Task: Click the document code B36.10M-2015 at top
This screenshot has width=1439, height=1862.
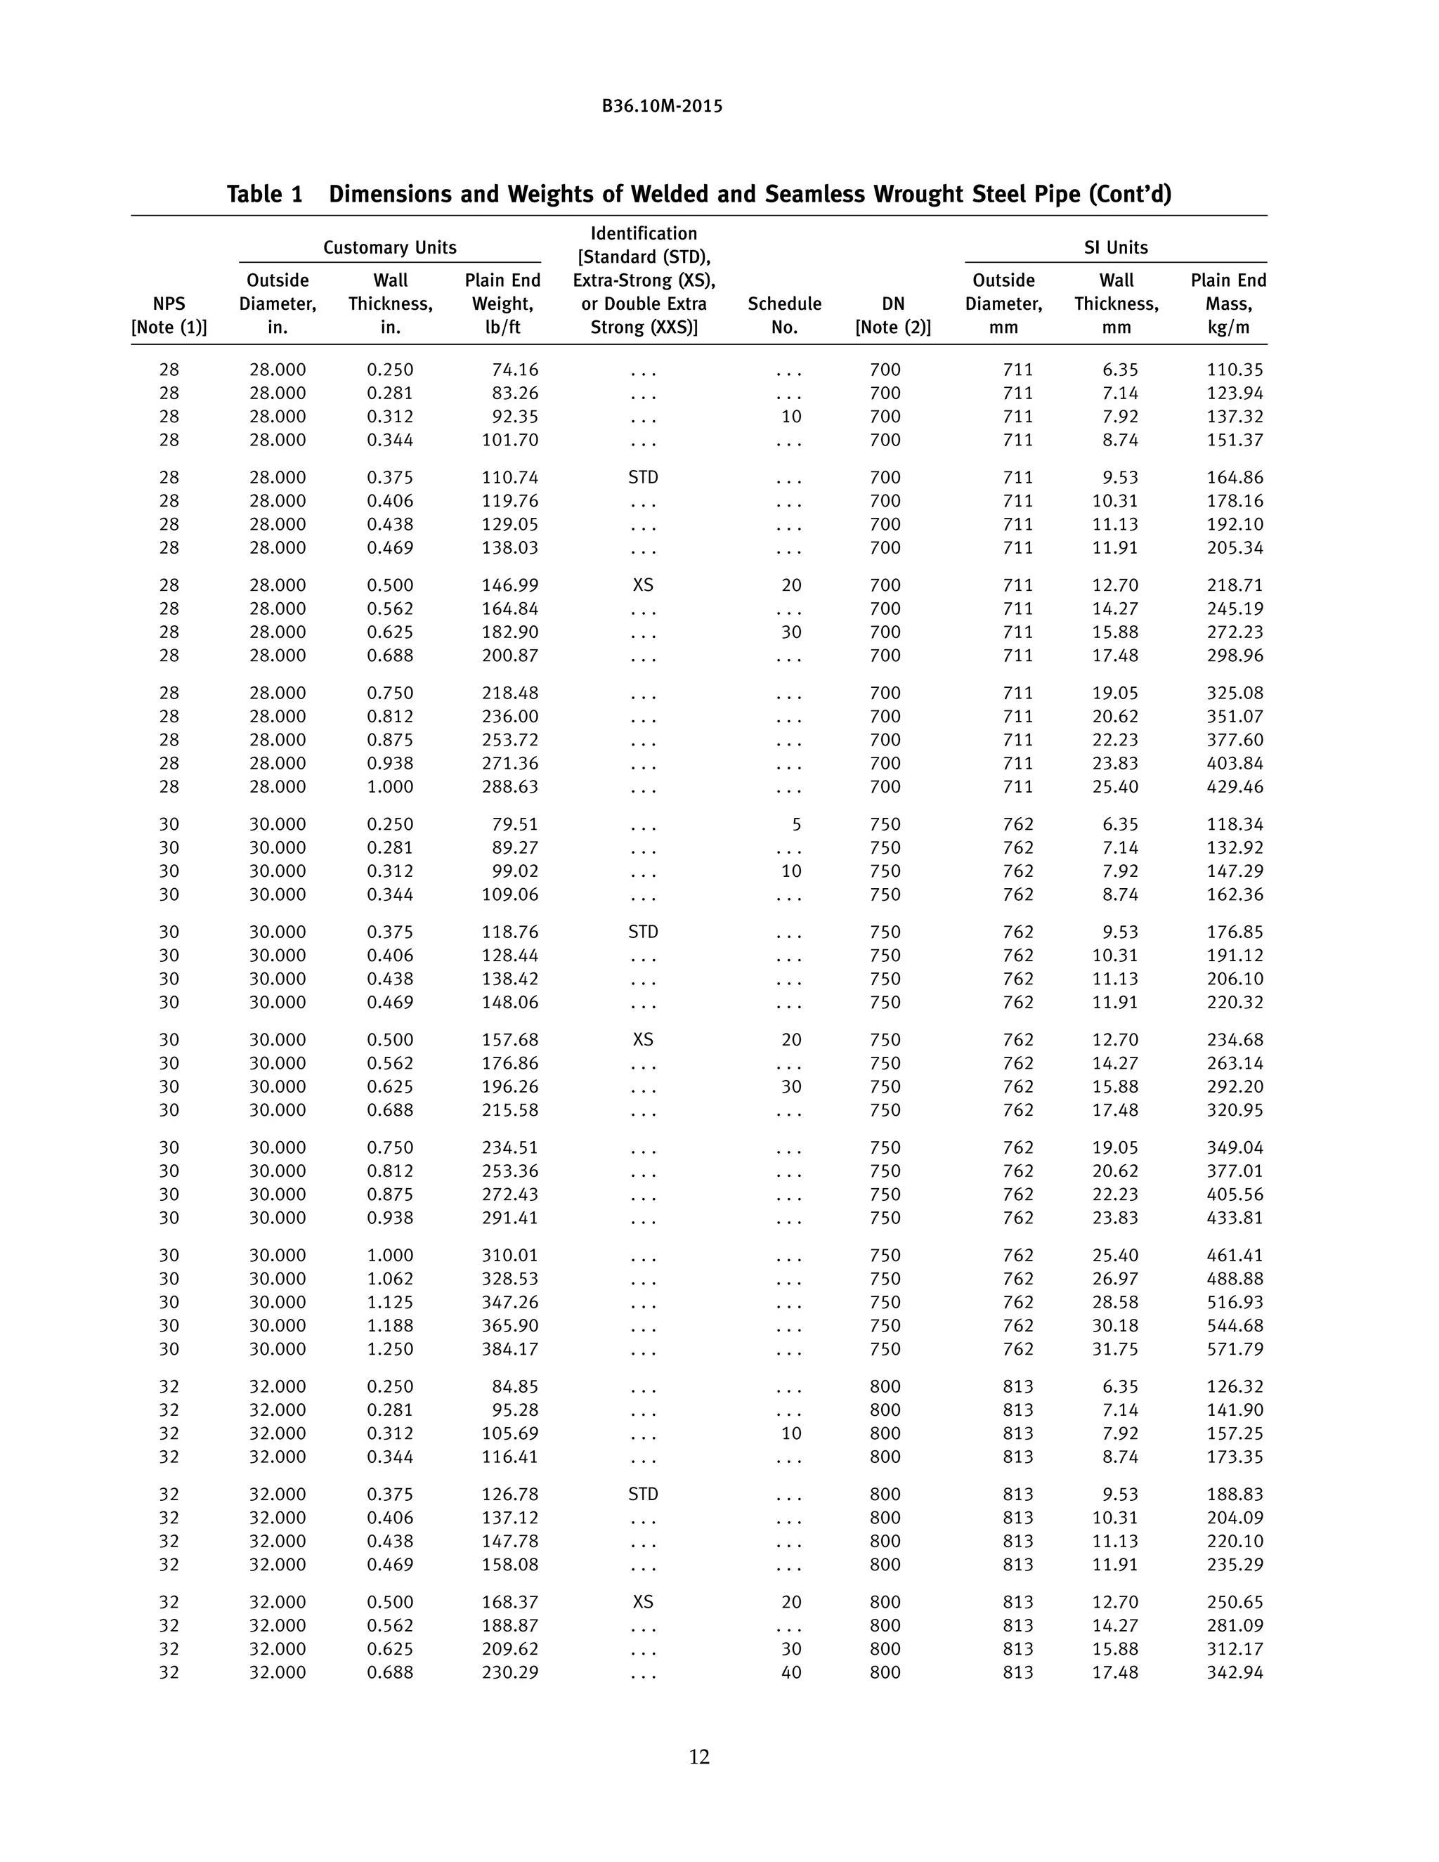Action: [x=661, y=107]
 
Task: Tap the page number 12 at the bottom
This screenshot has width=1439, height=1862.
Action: [x=699, y=1757]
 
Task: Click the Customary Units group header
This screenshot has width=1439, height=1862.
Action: [x=389, y=247]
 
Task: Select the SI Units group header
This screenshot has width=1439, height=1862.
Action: [x=1115, y=247]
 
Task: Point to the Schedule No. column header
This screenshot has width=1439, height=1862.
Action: [x=784, y=315]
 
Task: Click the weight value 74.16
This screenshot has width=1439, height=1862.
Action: [x=515, y=370]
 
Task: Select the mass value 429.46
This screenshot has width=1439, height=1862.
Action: [x=1235, y=787]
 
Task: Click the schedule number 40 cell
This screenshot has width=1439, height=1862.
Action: [x=791, y=1673]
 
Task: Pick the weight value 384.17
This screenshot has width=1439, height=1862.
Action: [x=510, y=1350]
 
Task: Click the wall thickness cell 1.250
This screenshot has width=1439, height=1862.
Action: [x=391, y=1350]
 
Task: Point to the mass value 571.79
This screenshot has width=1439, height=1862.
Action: [x=1235, y=1350]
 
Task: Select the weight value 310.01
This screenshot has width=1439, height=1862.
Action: [x=510, y=1256]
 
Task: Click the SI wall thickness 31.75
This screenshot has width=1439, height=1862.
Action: [x=1115, y=1350]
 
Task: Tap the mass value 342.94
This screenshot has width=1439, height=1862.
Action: [x=1235, y=1673]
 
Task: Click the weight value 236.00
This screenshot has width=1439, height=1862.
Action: [x=510, y=717]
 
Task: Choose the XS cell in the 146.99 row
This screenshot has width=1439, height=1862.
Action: [x=643, y=586]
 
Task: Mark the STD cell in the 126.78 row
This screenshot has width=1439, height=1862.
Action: [x=643, y=1495]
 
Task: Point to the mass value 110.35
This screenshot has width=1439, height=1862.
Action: [x=1235, y=370]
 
